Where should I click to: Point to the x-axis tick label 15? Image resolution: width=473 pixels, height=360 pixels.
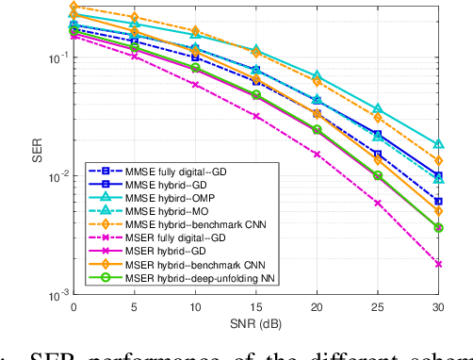[x=256, y=306]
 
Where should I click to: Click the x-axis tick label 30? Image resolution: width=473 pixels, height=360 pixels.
[x=438, y=306]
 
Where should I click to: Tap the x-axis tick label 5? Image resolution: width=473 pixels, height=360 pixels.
[x=135, y=306]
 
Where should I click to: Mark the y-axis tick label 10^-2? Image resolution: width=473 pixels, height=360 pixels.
[x=56, y=176]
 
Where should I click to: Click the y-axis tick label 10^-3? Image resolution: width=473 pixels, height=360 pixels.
[x=56, y=295]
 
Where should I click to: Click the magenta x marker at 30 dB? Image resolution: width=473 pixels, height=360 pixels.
[x=438, y=264]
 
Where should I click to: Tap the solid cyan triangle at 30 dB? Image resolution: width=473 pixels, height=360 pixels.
[x=438, y=144]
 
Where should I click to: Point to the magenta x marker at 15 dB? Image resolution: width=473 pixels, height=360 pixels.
[x=256, y=116]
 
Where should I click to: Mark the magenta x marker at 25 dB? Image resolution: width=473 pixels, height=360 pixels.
[x=378, y=203]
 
